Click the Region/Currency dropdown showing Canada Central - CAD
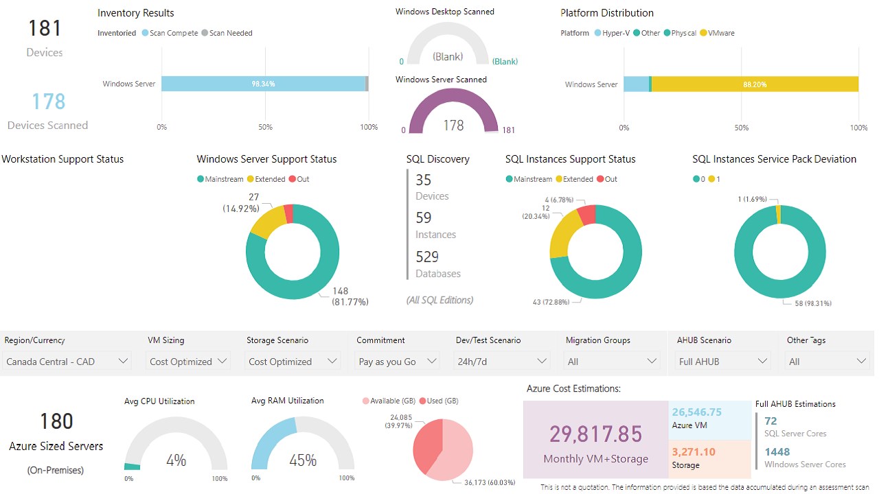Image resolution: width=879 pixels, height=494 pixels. tap(67, 361)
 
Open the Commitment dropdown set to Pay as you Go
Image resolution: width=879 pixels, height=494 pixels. tap(398, 361)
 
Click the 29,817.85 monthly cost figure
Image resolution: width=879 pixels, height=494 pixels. tap(595, 434)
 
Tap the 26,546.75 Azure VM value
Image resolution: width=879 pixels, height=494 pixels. tap(697, 412)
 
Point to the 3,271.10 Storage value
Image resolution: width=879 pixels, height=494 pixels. tap(694, 451)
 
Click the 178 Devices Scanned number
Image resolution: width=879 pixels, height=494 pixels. tap(48, 102)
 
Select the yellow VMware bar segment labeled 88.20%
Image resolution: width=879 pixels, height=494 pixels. tap(754, 84)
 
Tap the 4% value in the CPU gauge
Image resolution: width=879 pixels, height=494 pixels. tap(176, 460)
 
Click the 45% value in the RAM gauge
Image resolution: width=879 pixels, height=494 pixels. tap(303, 460)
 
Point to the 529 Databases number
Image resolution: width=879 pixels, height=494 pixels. tap(427, 257)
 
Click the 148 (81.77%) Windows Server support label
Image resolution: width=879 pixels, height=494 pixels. tap(350, 296)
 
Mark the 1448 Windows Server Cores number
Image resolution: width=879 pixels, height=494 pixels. tap(777, 451)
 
